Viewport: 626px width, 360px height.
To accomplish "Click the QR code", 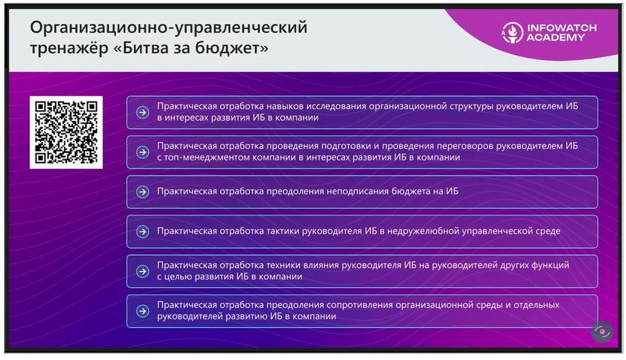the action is point(66,132).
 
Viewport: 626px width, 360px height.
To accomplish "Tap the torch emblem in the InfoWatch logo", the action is point(512,33).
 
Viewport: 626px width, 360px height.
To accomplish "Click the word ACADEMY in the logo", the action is point(555,37).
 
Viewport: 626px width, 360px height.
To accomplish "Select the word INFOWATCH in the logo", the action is point(562,28).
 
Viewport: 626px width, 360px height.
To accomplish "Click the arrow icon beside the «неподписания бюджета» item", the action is point(142,192).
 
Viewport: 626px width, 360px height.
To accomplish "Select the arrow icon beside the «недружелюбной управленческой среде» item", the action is point(142,231).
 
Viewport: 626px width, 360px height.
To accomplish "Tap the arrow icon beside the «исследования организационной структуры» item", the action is point(142,112).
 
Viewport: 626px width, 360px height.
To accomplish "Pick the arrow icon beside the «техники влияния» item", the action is point(142,272).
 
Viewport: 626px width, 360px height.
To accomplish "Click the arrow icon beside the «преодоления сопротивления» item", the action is point(142,311).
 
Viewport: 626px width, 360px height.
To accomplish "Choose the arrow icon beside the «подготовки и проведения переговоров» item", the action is point(142,152).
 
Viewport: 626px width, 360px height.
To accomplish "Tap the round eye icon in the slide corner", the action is point(602,331).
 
